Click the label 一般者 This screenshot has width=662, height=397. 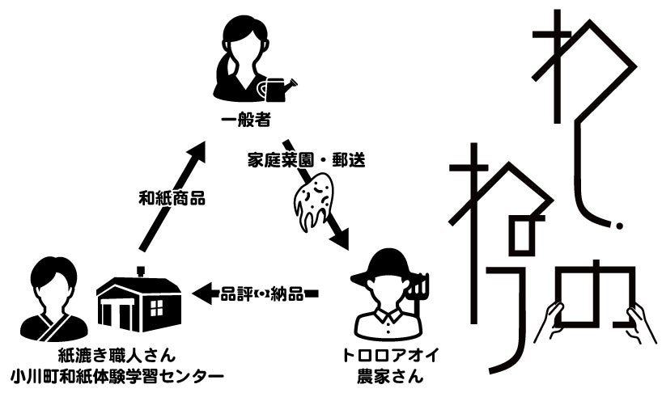[x=244, y=122]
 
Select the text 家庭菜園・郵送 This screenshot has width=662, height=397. [x=307, y=160]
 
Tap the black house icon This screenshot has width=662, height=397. [x=138, y=303]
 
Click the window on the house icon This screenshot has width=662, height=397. [x=155, y=308]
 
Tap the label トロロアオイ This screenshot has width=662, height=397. [x=387, y=355]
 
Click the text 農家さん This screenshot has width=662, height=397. [x=387, y=376]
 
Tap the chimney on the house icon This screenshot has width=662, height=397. [x=141, y=272]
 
